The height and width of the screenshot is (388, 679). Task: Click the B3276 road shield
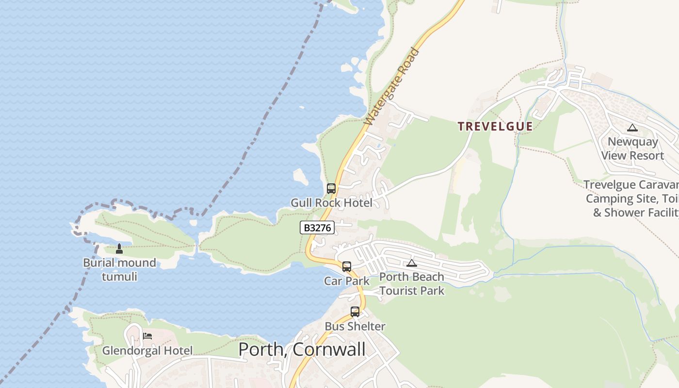point(317,227)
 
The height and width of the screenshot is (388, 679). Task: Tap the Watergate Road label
point(391,87)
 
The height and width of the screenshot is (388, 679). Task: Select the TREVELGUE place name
point(495,127)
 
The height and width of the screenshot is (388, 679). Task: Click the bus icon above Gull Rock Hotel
point(331,189)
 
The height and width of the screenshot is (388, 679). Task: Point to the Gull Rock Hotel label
point(331,203)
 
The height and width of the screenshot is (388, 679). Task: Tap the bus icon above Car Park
point(347,266)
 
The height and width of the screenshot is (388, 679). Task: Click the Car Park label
point(347,281)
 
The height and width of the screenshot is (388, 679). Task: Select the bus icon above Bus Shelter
point(355,312)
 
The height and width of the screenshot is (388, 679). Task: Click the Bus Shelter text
point(355,326)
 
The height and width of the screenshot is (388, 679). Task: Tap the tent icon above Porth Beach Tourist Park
point(412,263)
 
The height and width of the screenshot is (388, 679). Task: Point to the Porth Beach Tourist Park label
point(412,284)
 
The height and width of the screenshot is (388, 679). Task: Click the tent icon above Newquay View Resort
point(632,128)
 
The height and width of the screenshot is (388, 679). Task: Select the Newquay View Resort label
point(632,149)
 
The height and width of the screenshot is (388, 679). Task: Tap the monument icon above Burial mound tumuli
point(119,249)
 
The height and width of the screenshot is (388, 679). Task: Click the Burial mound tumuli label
point(119,270)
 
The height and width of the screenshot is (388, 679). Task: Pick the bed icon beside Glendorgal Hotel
point(147,336)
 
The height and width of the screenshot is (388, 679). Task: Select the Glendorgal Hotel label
point(147,350)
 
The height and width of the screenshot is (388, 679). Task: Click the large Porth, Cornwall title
point(302,349)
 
